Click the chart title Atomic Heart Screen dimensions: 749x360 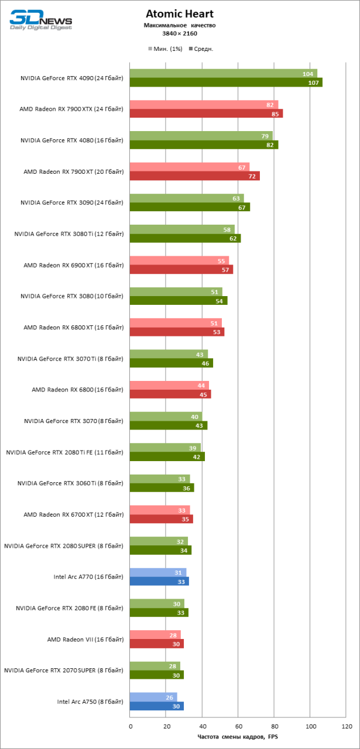pos(180,14)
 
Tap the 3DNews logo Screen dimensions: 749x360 pos(40,18)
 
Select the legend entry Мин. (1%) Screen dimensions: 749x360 pos(166,49)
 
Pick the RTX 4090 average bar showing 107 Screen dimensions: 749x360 pos(225,83)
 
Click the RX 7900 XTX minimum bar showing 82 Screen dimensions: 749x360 pos(203,105)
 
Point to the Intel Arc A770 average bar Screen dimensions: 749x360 pos(159,581)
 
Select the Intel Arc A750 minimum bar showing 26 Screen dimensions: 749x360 pos(153,697)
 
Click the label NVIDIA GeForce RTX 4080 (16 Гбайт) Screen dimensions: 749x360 pos(71,140)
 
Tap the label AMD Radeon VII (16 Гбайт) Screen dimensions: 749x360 pos(85,639)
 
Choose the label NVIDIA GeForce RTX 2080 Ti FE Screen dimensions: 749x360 pos(64,452)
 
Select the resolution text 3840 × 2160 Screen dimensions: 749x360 pos(180,33)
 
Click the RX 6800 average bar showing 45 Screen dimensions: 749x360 pos(170,394)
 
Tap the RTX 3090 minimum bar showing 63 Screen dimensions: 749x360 pos(186,198)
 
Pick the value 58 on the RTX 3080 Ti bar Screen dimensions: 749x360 pos(227,229)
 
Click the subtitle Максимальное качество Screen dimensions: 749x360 pos(180,25)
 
